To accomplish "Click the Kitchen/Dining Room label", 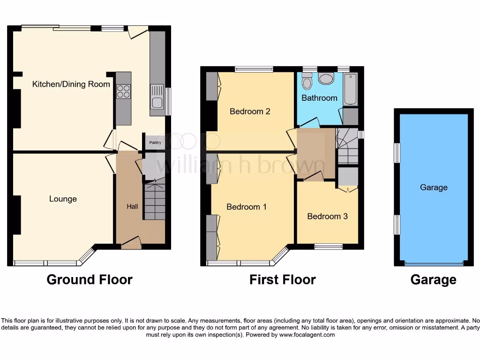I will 71,84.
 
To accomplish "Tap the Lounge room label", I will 63,199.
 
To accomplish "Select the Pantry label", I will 155,142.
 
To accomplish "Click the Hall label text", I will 132,206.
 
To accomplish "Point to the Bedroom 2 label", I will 250,112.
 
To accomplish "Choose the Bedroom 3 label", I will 327,216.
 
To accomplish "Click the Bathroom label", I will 319,98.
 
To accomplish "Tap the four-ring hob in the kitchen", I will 123,90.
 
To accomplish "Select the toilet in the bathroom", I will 307,82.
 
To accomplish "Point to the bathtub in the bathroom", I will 350,89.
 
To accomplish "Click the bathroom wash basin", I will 325,78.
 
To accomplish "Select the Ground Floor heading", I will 90,280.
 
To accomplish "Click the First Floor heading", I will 282,280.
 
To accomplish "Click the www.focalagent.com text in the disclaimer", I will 307,335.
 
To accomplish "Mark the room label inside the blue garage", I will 434,187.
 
